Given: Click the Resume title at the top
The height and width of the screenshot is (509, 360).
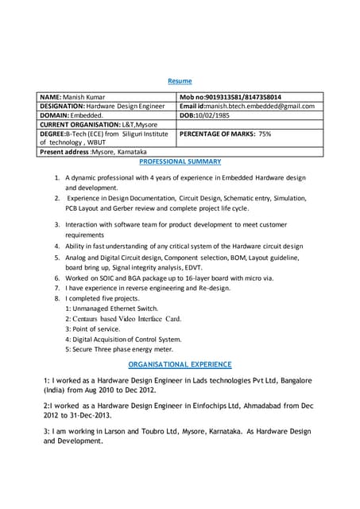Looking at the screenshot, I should (x=180, y=81).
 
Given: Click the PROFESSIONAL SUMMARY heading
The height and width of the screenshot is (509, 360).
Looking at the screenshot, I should (x=180, y=161).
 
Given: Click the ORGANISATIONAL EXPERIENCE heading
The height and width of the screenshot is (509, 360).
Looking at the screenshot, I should (x=180, y=364).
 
